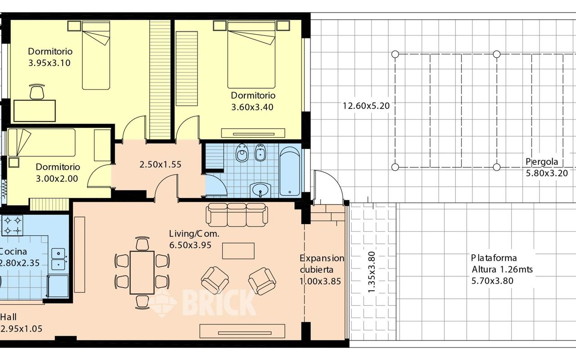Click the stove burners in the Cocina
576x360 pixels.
[x=12, y=225]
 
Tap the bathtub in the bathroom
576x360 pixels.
[x=290, y=171]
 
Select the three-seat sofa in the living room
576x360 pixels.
[x=237, y=215]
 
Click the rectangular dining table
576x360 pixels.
[x=142, y=273]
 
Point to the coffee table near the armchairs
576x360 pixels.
[x=238, y=251]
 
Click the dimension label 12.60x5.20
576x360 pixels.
[x=366, y=106]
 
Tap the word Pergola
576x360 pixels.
[x=542, y=162]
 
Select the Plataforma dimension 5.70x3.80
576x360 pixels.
[x=492, y=280]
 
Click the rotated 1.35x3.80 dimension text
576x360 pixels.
[x=372, y=272]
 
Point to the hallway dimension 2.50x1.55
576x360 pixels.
[x=161, y=164]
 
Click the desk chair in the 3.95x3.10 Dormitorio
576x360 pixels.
[x=37, y=92]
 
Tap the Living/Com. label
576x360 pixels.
[x=194, y=234]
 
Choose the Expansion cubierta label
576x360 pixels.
[x=322, y=264]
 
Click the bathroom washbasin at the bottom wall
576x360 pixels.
[x=261, y=190]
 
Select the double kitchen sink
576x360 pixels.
[x=58, y=259]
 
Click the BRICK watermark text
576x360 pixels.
[x=220, y=302]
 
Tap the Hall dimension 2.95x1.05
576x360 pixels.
[x=22, y=328]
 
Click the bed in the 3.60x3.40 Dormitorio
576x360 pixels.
[x=251, y=55]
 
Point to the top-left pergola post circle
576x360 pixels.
[x=395, y=54]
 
